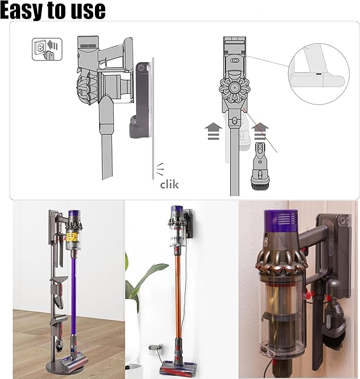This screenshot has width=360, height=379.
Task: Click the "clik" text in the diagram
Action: (169, 184)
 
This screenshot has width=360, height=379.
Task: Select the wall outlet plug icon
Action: (47, 49)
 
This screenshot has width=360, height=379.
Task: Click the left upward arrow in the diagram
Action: (213, 131)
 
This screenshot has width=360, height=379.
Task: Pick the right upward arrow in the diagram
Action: (260, 131)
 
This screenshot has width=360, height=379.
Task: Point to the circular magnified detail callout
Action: (319, 74)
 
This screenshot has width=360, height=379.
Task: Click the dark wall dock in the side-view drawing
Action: (140, 100)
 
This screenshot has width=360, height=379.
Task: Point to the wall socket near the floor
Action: (155, 349)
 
